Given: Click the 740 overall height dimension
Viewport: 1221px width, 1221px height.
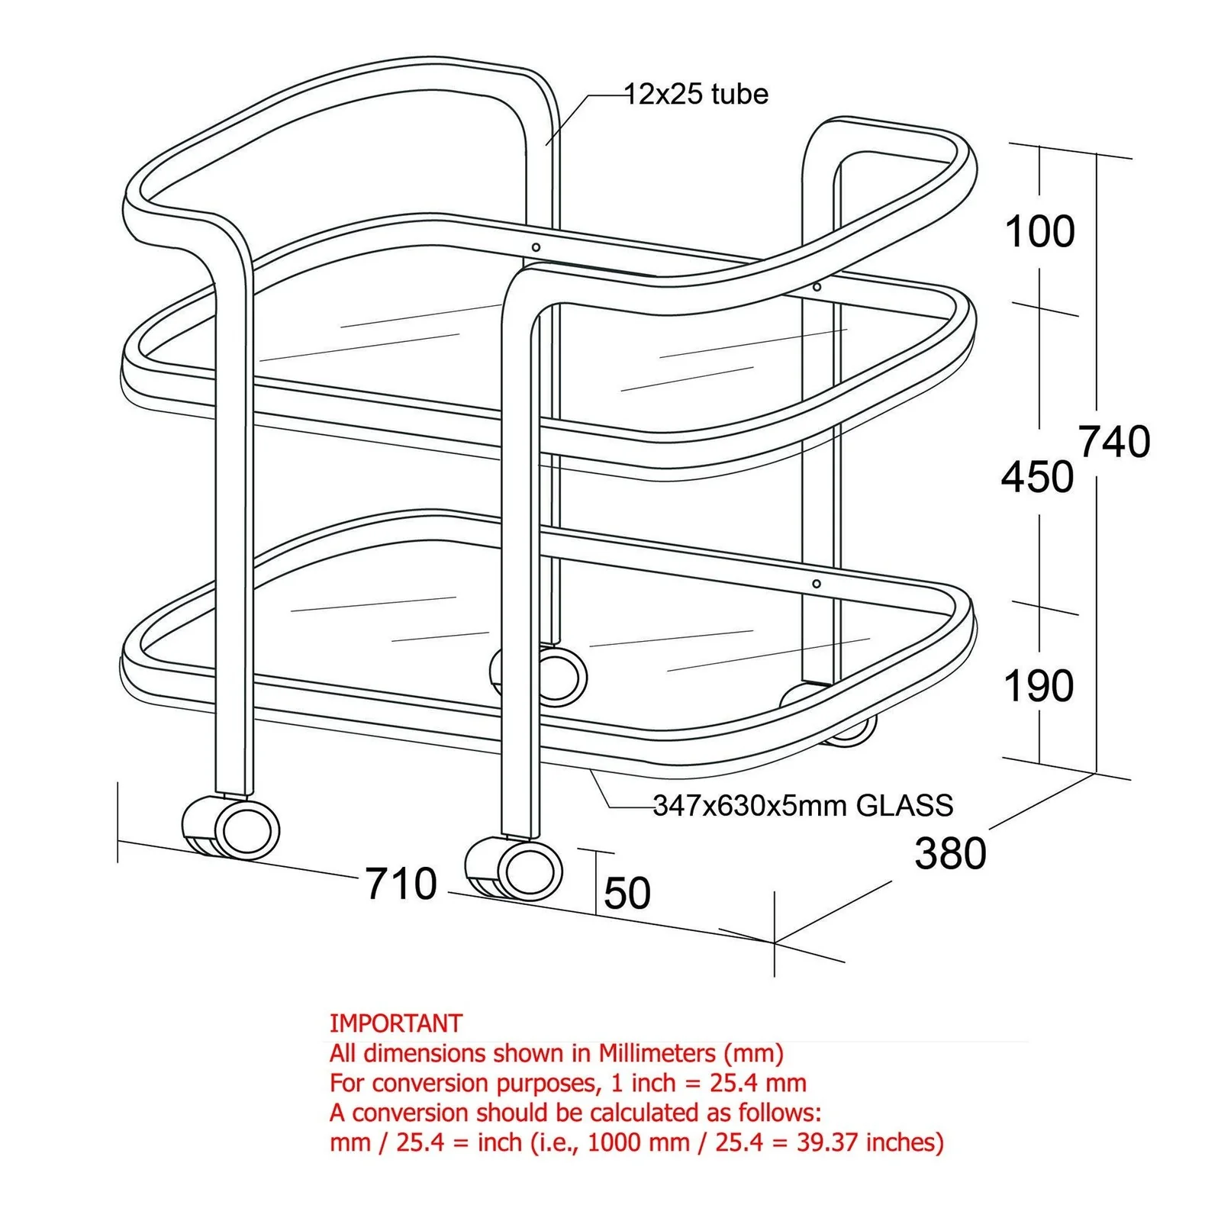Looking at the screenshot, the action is click(x=1114, y=442).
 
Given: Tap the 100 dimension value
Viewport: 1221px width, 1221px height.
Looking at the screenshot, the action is click(x=1039, y=231).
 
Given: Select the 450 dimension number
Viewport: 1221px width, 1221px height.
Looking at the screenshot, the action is click(x=1037, y=478).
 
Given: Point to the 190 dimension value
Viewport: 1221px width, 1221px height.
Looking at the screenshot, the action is click(x=1039, y=686).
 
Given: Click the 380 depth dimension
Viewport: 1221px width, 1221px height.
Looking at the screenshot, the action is click(x=950, y=853).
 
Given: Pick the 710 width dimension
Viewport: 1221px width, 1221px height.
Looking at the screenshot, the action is click(x=401, y=884).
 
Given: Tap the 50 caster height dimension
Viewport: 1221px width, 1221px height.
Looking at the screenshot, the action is click(x=627, y=894).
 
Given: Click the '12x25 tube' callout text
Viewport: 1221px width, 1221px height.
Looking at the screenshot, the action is click(x=696, y=95).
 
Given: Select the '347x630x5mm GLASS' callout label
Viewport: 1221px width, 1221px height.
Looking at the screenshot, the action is click(x=803, y=806).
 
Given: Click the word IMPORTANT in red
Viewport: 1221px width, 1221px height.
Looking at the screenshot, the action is click(x=396, y=1023).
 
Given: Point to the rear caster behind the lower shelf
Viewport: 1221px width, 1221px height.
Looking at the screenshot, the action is click(x=539, y=675).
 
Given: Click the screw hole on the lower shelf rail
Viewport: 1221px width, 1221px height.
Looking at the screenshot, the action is click(x=817, y=584).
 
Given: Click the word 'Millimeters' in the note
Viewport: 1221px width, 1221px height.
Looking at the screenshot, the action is click(x=657, y=1053).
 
